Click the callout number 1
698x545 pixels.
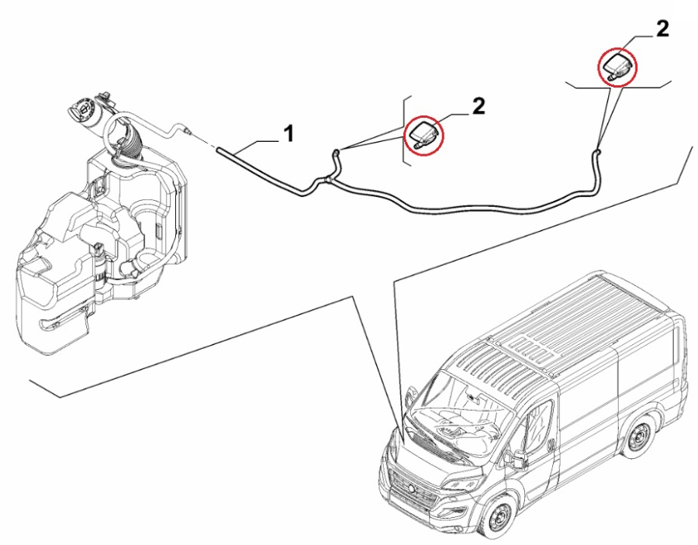pos(288,133)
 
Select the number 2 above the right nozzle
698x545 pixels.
pos(662,29)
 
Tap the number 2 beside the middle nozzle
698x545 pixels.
pos(479,107)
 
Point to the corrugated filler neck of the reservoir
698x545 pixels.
pos(128,144)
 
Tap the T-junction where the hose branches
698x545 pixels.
pos(328,181)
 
